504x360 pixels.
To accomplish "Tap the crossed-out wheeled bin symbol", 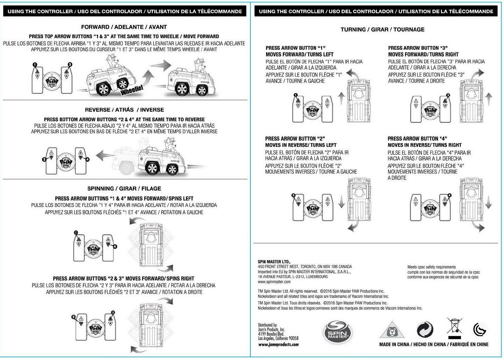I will (454, 326).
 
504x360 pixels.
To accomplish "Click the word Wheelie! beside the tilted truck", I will (132, 90).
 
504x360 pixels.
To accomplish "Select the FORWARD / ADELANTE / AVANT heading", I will (124, 27).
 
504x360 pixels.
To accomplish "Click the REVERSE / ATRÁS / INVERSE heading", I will (124, 110).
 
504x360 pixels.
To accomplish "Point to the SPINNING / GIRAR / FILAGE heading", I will (124, 189).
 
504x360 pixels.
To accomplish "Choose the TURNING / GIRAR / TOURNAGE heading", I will (382, 30).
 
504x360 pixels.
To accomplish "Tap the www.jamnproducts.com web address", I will (278, 345).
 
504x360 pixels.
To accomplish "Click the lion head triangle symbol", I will (392, 331).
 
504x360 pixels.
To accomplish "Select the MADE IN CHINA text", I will (394, 345).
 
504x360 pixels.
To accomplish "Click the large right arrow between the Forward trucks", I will (160, 65).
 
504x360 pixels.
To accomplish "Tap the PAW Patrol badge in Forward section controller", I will (52, 81).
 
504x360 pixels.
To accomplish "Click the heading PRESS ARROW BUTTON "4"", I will (417, 139).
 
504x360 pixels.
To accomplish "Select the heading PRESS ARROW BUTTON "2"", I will (295, 139).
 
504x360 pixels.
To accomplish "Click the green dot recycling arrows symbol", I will (425, 330).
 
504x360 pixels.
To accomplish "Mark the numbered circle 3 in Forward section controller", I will (70, 65).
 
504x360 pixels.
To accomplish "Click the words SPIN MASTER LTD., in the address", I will (274, 262).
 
